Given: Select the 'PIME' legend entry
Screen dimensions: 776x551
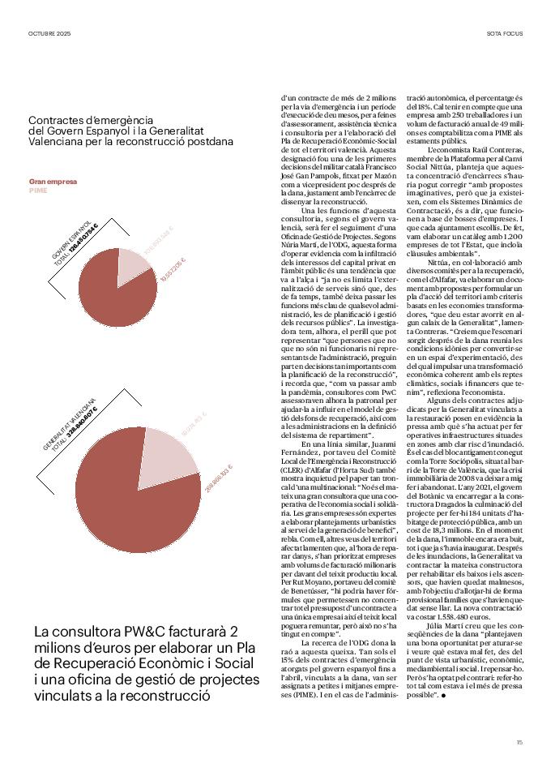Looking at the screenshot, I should [x=38, y=191].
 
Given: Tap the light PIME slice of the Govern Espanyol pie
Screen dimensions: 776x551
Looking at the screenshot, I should [x=133, y=268].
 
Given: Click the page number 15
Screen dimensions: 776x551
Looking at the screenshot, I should [x=519, y=742].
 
